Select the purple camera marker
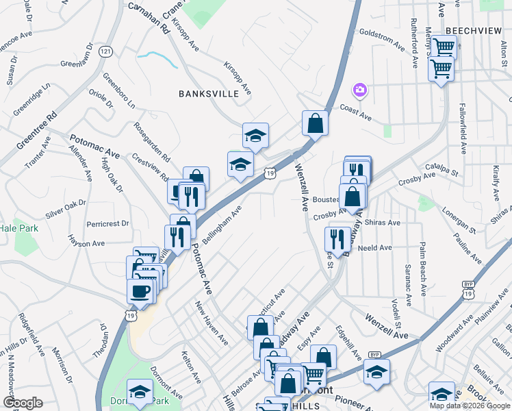coord(359,90)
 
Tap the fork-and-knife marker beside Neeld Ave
coord(337,238)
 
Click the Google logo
coord(23,403)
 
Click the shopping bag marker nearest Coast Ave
coord(316,124)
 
